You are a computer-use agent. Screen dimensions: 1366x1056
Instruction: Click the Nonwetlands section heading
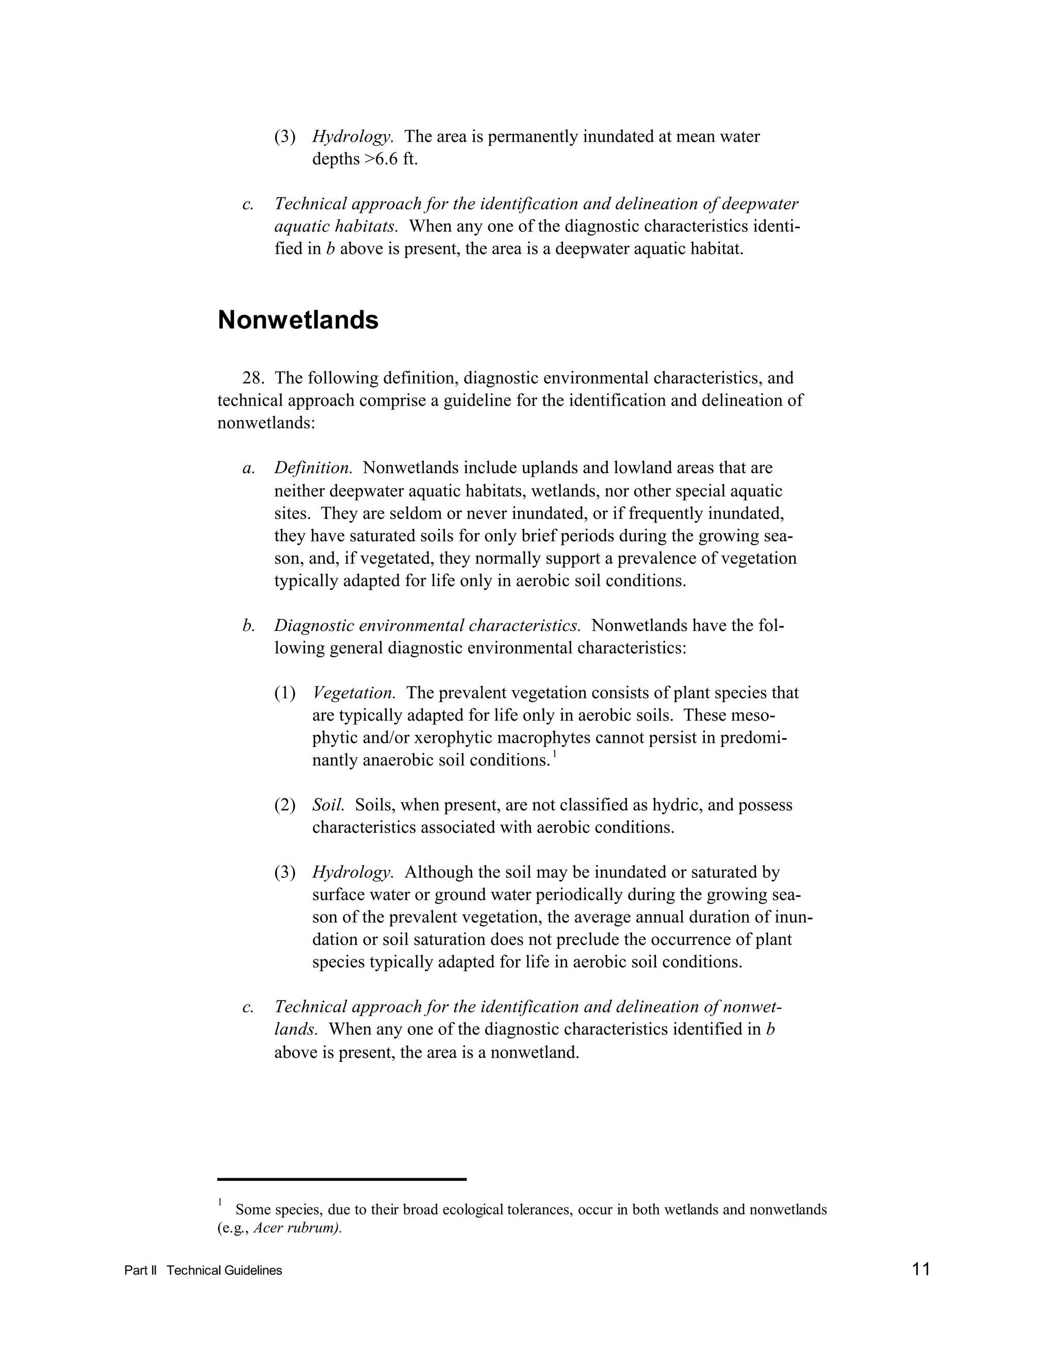pyautogui.click(x=298, y=320)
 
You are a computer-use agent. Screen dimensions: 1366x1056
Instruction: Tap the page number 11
pyautogui.click(x=921, y=1269)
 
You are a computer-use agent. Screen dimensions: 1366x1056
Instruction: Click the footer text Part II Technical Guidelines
pyautogui.click(x=203, y=1270)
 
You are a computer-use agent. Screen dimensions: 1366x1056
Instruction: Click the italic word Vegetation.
pyautogui.click(x=353, y=693)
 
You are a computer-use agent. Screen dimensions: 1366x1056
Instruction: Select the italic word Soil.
pyautogui.click(x=328, y=805)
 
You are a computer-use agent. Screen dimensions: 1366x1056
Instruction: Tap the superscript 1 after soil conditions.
pyautogui.click(x=554, y=755)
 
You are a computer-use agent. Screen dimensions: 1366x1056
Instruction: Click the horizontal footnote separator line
pyautogui.click(x=341, y=1179)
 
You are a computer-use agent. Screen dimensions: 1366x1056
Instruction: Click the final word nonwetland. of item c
pyautogui.click(x=535, y=1052)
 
